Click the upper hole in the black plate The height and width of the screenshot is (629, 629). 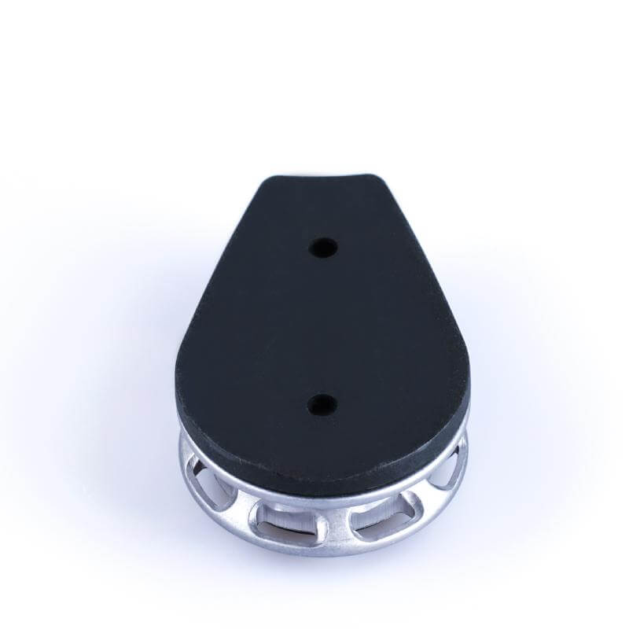point(322,248)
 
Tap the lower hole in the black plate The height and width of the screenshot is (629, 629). point(321,405)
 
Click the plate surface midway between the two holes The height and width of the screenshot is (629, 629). point(322,326)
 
